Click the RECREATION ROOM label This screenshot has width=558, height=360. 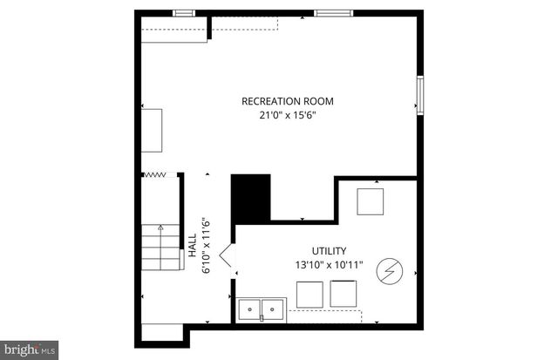[287, 101]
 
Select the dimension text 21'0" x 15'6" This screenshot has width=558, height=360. [287, 114]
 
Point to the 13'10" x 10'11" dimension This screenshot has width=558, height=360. [329, 263]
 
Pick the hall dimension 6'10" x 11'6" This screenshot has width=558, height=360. [206, 245]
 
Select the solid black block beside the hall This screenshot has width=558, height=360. [250, 197]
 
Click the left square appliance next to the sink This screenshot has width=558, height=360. [309, 295]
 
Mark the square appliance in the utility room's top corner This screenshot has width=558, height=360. [371, 201]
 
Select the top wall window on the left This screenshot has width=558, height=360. [183, 13]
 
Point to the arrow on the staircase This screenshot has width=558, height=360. [160, 229]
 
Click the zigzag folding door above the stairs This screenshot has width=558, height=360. [154, 175]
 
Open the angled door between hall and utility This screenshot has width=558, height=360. [224, 257]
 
